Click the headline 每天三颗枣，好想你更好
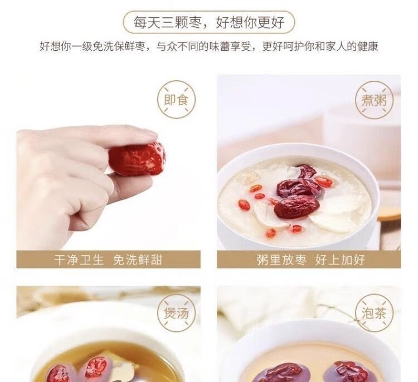[x=209, y=22]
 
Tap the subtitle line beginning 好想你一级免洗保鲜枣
[x=209, y=46]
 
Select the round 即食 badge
[x=176, y=100]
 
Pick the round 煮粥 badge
[x=374, y=100]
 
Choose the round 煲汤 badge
[x=176, y=313]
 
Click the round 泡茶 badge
[x=374, y=313]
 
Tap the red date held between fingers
[x=137, y=159]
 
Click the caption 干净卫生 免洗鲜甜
[x=108, y=259]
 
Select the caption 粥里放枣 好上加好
[x=311, y=259]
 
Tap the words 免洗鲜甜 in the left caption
[x=138, y=259]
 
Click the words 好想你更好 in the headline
[x=250, y=22]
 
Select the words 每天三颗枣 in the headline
[x=167, y=22]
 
